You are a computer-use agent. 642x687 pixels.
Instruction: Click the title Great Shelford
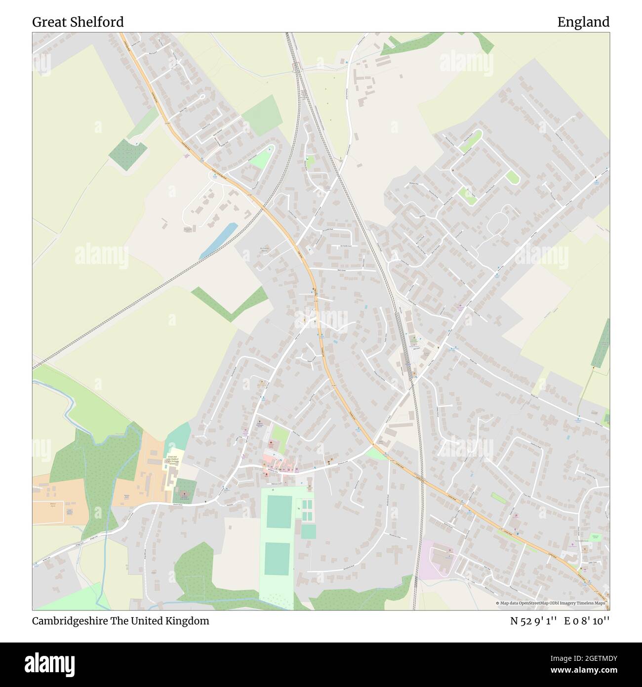click(x=78, y=22)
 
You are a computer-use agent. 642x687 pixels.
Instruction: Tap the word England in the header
click(x=583, y=22)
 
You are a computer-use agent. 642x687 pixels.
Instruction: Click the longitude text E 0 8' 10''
click(x=587, y=621)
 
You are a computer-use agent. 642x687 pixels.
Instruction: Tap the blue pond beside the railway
click(x=218, y=241)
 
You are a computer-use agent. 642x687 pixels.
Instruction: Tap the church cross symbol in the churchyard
click(x=184, y=493)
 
